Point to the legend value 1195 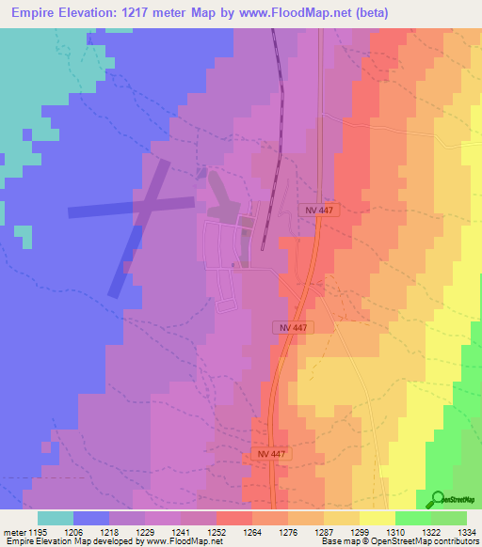[37, 531]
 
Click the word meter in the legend [12, 531]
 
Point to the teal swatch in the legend [56, 518]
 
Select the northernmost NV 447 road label [319, 211]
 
